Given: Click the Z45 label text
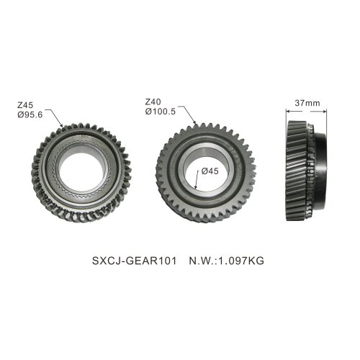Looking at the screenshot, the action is tap(25, 105).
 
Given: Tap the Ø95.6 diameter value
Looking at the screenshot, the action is tap(30, 114).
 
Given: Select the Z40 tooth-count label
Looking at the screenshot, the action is tap(153, 102).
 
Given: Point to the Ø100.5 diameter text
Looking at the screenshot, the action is tap(161, 112).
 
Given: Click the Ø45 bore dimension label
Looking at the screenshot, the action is tap(210, 171).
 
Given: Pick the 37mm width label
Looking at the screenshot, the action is tap(307, 103).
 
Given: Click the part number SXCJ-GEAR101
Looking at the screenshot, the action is tap(134, 261).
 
